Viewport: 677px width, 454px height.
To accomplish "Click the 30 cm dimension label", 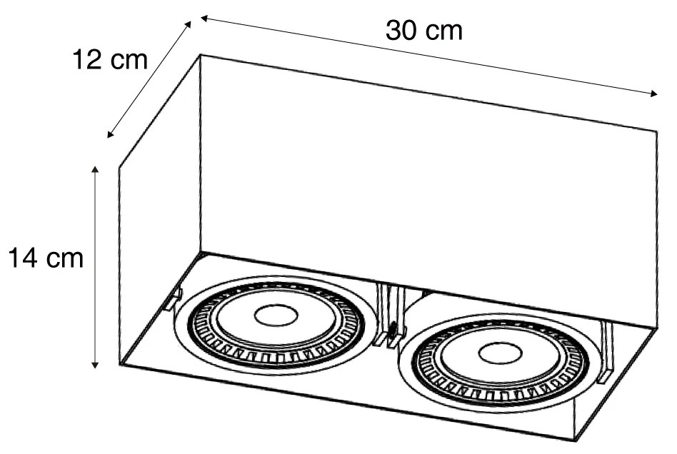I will pos(423,31).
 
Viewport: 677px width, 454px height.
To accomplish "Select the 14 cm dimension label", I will pos(46,258).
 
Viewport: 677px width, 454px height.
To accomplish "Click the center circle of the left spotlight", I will pos(276,315).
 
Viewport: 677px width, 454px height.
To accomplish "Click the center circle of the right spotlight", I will pos(498,352).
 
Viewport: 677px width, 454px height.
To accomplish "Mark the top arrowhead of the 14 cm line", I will pos(96,169).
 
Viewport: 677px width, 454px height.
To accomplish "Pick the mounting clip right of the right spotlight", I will pos(607,350).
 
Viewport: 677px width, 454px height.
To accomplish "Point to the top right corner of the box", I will pos(656,131).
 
